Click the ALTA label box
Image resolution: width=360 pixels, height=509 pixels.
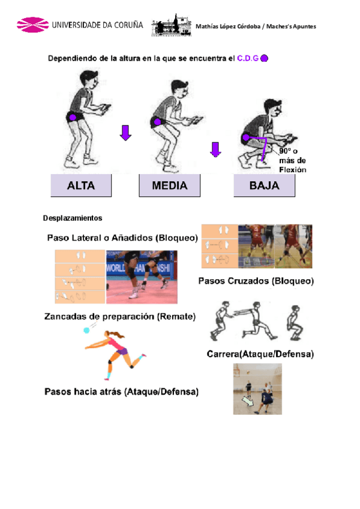click(x=81, y=186)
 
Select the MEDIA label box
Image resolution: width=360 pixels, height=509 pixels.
click(x=169, y=186)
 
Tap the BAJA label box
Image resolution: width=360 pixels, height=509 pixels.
click(x=264, y=186)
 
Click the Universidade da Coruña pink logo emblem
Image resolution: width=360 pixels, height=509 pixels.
click(x=32, y=26)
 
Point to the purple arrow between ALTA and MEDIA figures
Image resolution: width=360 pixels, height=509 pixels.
click(x=125, y=132)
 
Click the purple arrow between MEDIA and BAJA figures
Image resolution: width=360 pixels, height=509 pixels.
click(x=215, y=148)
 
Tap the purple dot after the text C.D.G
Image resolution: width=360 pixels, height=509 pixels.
click(x=265, y=59)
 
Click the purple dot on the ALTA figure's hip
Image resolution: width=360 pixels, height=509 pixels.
click(x=72, y=117)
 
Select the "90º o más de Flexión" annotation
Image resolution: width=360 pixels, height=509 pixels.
click(x=292, y=161)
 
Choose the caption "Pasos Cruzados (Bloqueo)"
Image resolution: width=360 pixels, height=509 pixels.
click(x=256, y=280)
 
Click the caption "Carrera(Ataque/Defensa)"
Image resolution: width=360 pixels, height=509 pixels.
click(x=260, y=354)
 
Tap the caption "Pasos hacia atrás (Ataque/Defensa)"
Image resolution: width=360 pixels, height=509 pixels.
click(x=122, y=392)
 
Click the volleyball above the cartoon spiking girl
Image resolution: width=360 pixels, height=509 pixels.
click(x=88, y=330)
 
